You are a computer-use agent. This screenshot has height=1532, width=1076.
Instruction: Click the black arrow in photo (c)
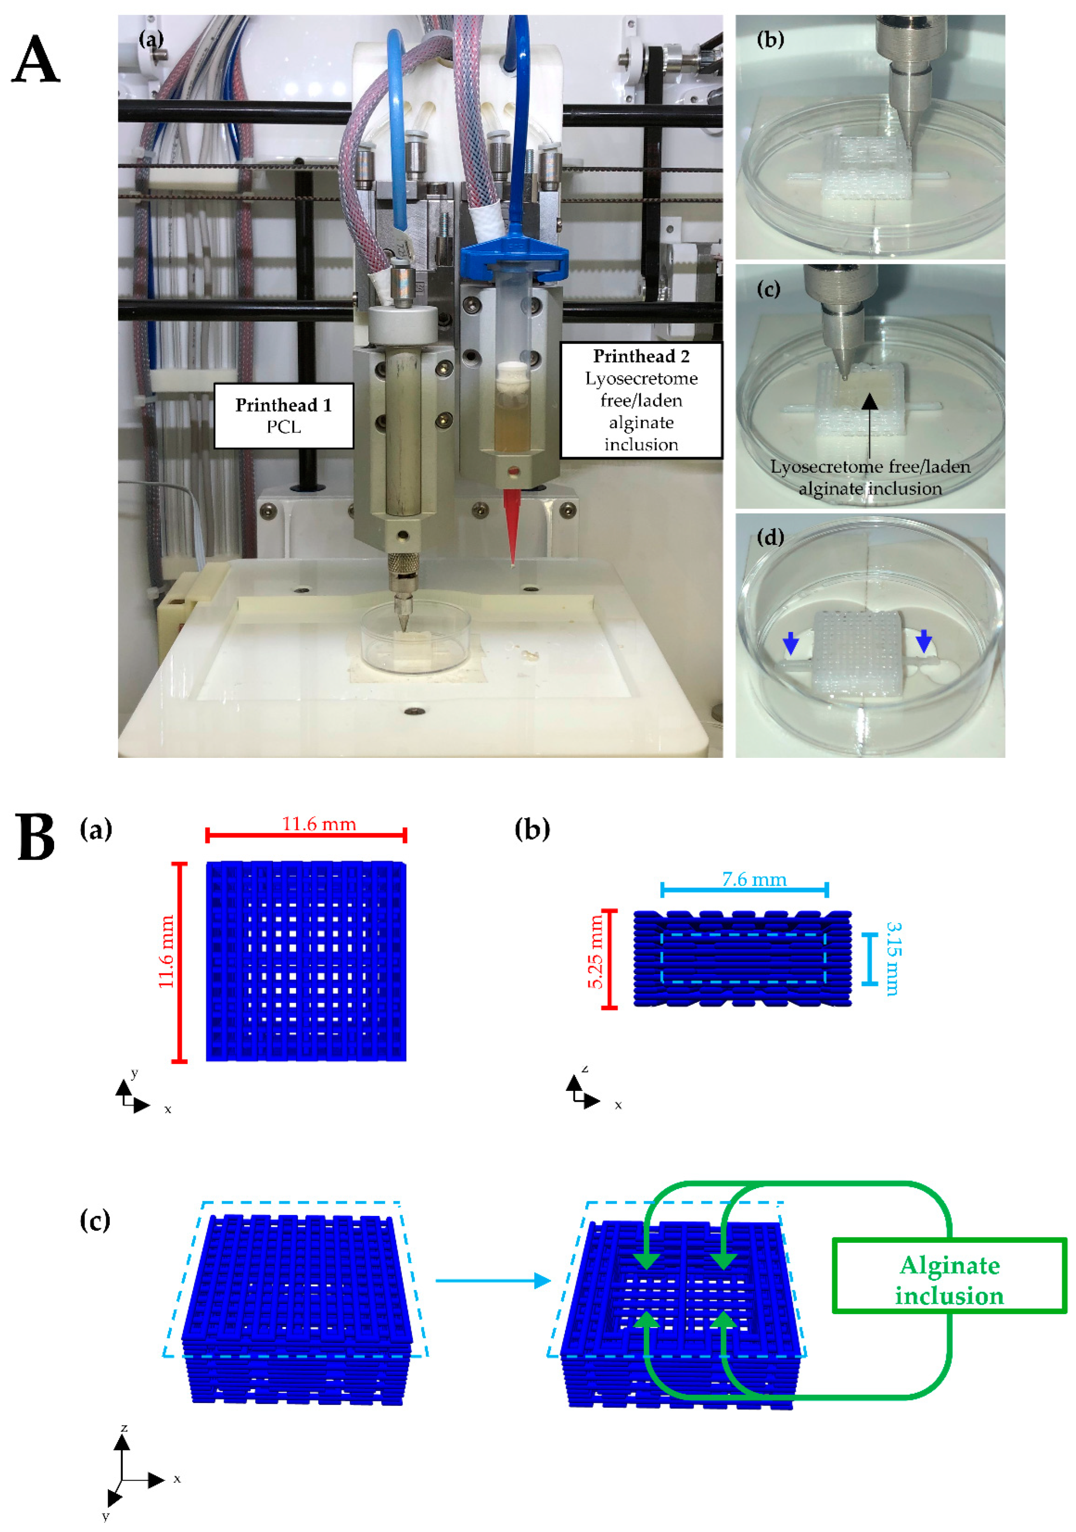point(870,427)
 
